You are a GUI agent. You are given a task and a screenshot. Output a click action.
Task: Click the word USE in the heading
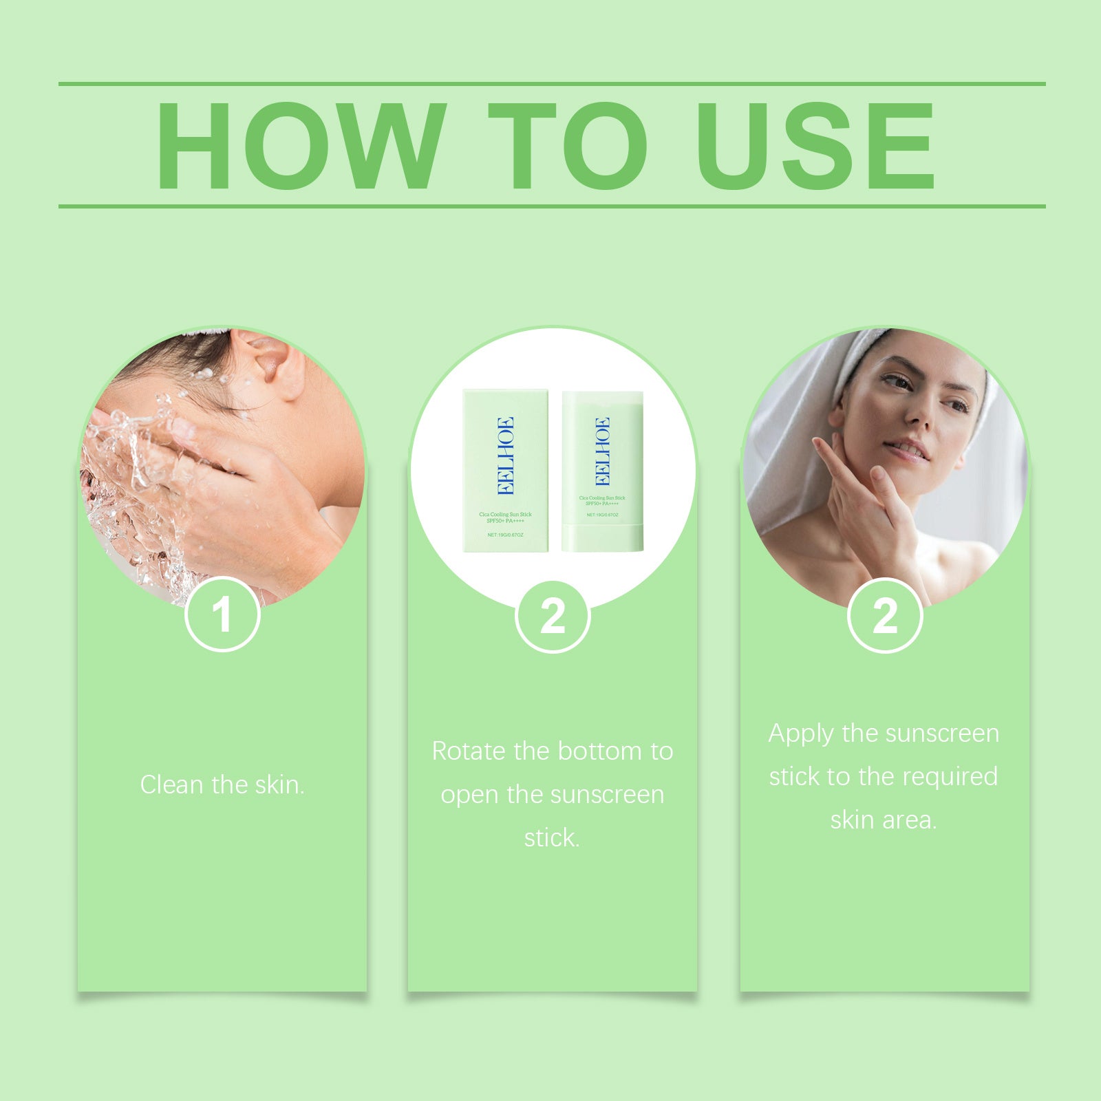[815, 146]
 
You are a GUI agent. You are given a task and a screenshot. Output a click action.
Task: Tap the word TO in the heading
[568, 146]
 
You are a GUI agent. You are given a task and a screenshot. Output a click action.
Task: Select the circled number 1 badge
[222, 614]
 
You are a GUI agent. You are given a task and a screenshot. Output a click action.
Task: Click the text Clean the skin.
[222, 784]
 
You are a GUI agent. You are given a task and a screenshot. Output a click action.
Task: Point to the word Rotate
[469, 751]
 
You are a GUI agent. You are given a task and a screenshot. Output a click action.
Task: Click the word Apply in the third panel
[800, 734]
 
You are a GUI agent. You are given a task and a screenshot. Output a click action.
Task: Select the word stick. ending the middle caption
[552, 837]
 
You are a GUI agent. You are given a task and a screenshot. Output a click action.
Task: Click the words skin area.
[883, 820]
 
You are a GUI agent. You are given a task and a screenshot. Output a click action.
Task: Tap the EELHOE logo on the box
[505, 456]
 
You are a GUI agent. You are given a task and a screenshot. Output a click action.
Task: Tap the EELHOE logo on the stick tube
[602, 451]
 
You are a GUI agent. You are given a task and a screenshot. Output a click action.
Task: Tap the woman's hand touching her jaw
[860, 502]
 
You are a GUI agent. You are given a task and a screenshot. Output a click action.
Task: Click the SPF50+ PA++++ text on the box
[505, 521]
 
